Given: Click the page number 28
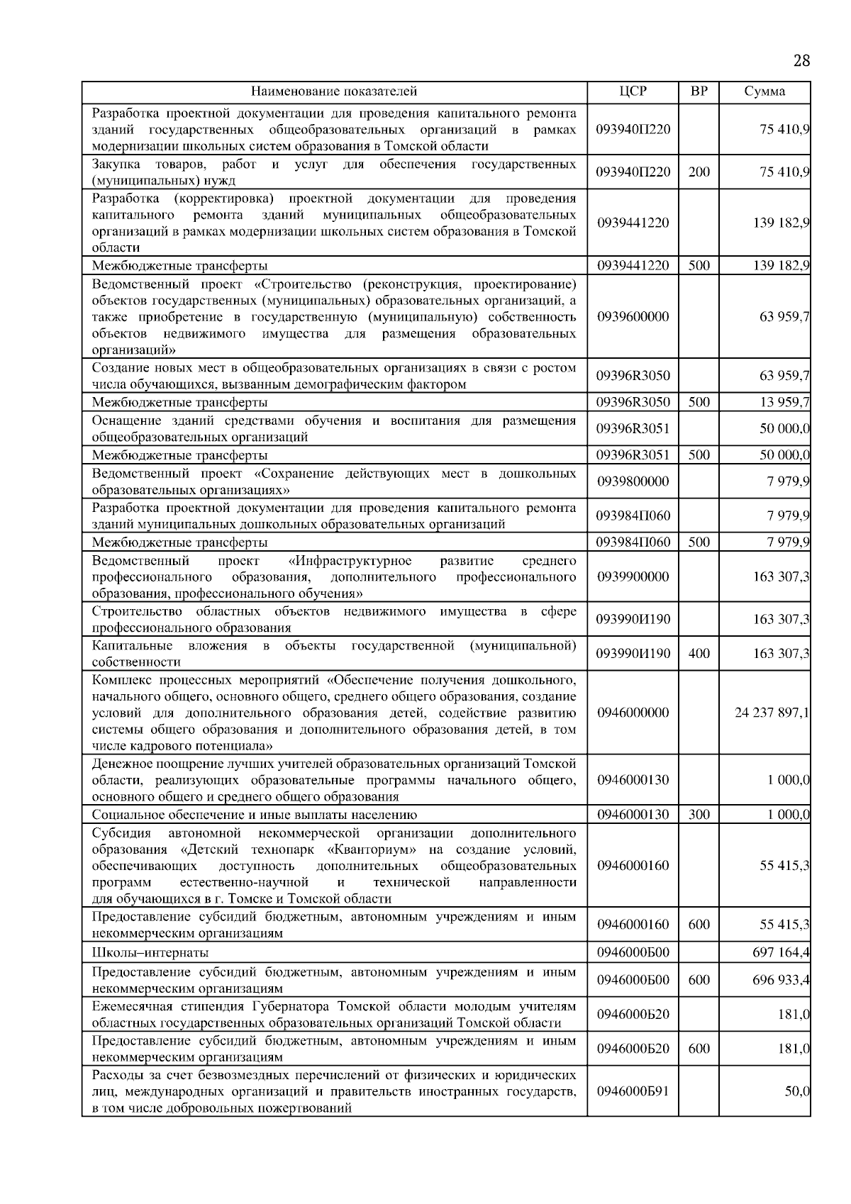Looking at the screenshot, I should [x=801, y=60].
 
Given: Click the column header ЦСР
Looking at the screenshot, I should [x=633, y=91].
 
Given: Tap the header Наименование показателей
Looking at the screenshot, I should [x=334, y=91].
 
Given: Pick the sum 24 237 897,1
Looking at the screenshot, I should [x=772, y=713].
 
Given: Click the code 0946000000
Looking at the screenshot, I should [x=633, y=713].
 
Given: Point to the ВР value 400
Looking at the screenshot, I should [x=699, y=654].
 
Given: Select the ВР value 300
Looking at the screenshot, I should [x=699, y=815].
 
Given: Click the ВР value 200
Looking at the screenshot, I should [x=699, y=172].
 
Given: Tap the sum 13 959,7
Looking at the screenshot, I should [x=784, y=403].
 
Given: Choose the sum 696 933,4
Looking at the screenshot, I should [x=781, y=980].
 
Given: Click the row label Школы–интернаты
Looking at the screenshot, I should [x=150, y=952].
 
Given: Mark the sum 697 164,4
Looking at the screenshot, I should [x=781, y=952].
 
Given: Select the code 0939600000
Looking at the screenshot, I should [x=633, y=316].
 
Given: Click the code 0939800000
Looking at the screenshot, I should [x=633, y=481].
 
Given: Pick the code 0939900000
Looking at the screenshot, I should [x=633, y=577].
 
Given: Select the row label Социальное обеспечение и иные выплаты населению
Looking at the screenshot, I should [x=255, y=815].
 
